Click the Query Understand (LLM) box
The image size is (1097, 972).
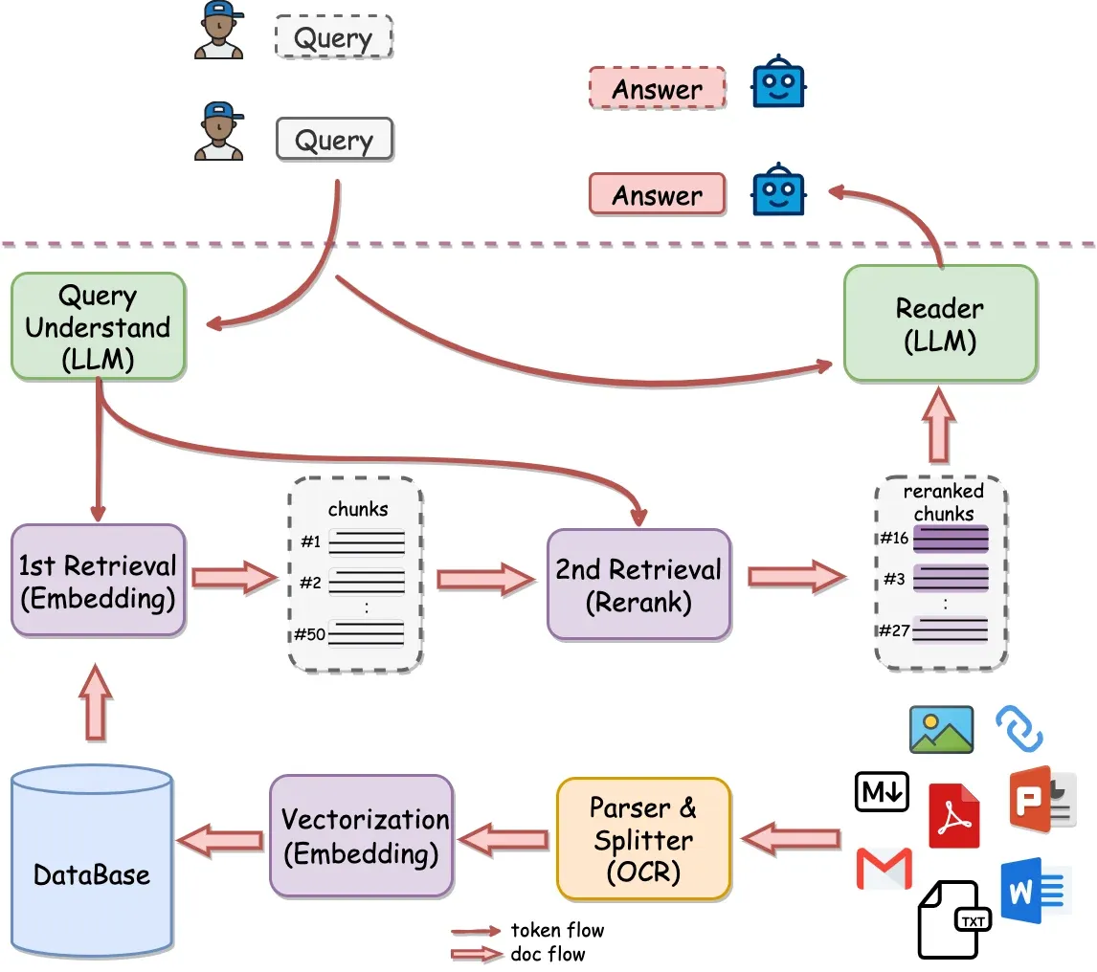click(x=97, y=326)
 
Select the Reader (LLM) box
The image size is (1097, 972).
click(x=939, y=323)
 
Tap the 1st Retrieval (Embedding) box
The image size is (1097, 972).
click(x=97, y=581)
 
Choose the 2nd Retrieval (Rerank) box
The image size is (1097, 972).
click(x=638, y=585)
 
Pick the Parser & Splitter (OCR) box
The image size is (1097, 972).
click(x=642, y=838)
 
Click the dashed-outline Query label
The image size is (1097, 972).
click(x=333, y=39)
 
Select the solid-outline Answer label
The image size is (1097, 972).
click(x=657, y=195)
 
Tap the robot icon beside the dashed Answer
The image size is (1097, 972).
click(x=778, y=84)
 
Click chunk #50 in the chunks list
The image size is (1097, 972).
click(x=367, y=633)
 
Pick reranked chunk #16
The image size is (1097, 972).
click(x=950, y=539)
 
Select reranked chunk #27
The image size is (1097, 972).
click(x=950, y=630)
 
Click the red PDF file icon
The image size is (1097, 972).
click(x=954, y=815)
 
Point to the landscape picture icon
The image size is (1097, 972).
click(x=941, y=730)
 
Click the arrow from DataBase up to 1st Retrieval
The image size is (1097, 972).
click(x=96, y=703)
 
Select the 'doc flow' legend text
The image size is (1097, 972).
click(x=547, y=954)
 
